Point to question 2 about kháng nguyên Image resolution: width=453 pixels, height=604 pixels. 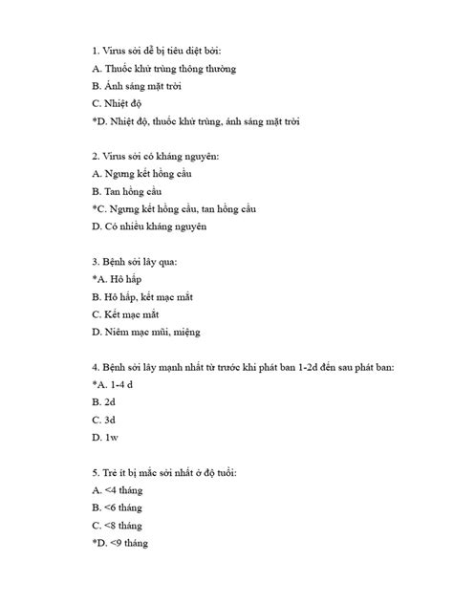(x=157, y=156)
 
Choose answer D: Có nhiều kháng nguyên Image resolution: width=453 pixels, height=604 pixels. (x=150, y=226)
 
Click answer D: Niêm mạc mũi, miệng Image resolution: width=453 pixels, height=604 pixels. (x=146, y=332)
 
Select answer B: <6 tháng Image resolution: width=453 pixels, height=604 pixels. (x=118, y=507)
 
